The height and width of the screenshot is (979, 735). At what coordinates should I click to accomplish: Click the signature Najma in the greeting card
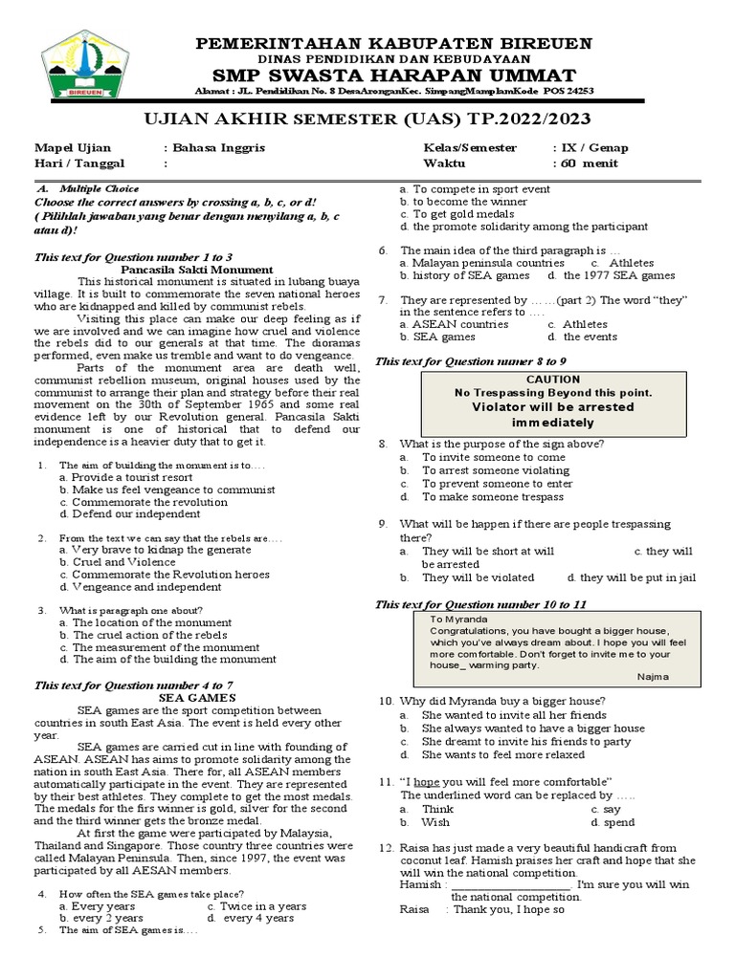656,676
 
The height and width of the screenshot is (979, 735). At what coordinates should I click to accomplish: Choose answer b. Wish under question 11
425,822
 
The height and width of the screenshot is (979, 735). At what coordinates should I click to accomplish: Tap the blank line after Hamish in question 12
511,884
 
